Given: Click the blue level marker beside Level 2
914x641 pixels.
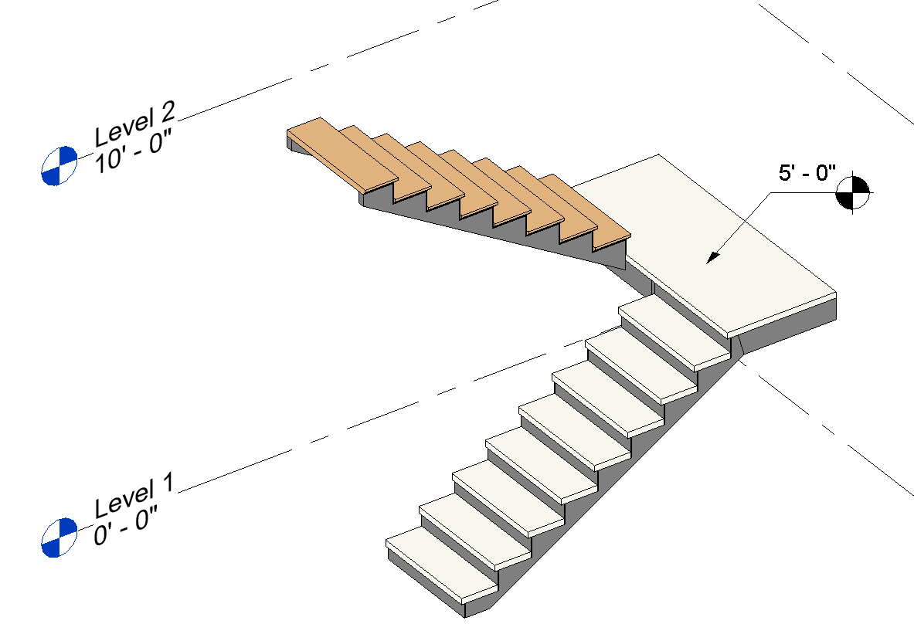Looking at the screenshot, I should [x=59, y=165].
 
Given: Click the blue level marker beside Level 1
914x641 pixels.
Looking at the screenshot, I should [x=59, y=538].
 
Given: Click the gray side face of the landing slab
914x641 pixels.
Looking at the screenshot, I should [x=788, y=324].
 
